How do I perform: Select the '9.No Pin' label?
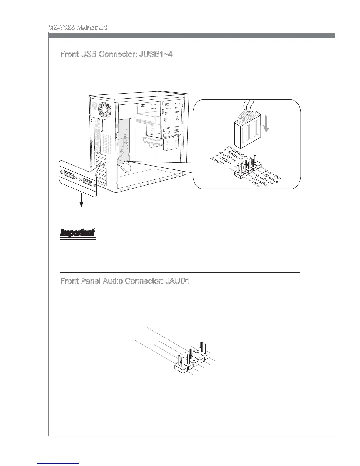(x=273, y=174)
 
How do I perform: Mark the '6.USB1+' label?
(x=228, y=157)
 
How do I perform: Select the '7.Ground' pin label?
(x=270, y=177)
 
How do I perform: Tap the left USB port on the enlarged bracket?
(x=68, y=175)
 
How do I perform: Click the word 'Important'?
(x=78, y=232)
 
